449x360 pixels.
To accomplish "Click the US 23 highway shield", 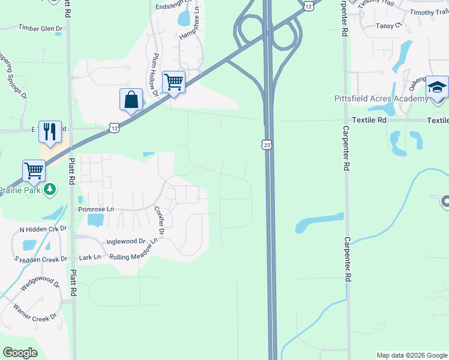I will (x=267, y=145).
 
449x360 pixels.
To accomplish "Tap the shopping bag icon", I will (x=131, y=99).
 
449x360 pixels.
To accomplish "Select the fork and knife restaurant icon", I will (x=50, y=131).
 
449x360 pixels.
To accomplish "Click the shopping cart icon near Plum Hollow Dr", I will (x=173, y=82).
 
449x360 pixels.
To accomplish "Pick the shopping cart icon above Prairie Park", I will (x=34, y=170).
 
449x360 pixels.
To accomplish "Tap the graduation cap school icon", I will (x=438, y=87).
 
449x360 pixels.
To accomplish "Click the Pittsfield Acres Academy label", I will (x=373, y=99).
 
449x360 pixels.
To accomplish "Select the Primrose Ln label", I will (x=96, y=209).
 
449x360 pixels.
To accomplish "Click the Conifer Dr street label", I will (x=160, y=220).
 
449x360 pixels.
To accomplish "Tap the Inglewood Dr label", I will (x=126, y=241).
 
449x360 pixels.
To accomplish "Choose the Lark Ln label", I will (x=90, y=257).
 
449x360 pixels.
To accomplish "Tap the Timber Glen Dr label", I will (x=40, y=28).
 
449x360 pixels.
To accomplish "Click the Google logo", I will (x=20, y=353).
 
